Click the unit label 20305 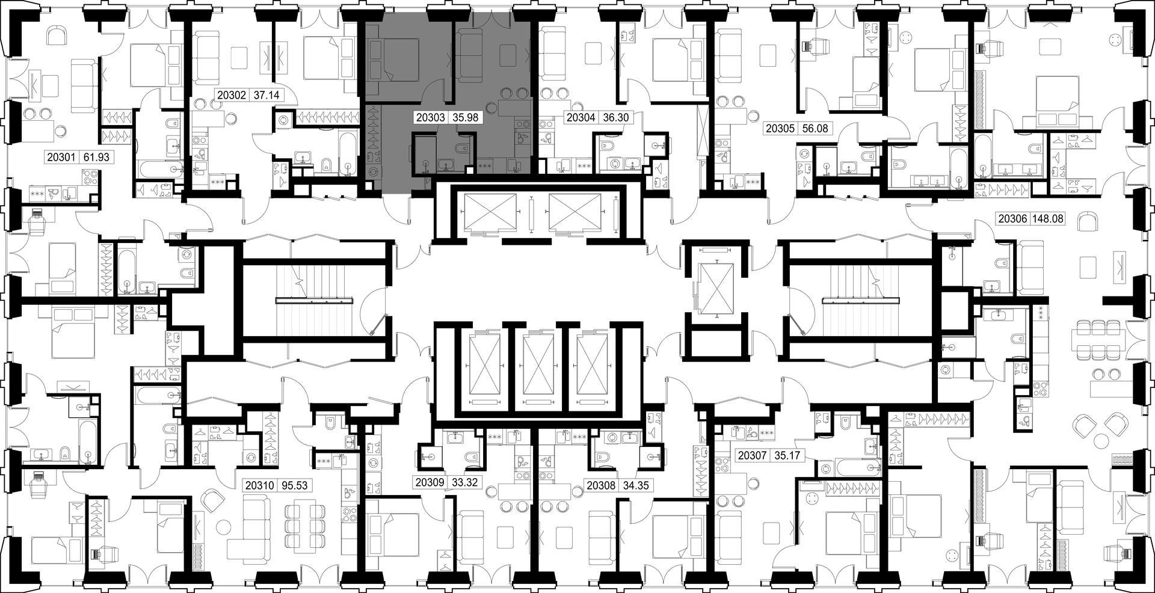pos(779,128)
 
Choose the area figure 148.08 pos(1048,219)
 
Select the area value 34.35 pos(636,485)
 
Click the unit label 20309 pos(430,482)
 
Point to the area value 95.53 pos(295,485)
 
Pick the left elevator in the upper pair pos(488,213)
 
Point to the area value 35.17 pos(787,455)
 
